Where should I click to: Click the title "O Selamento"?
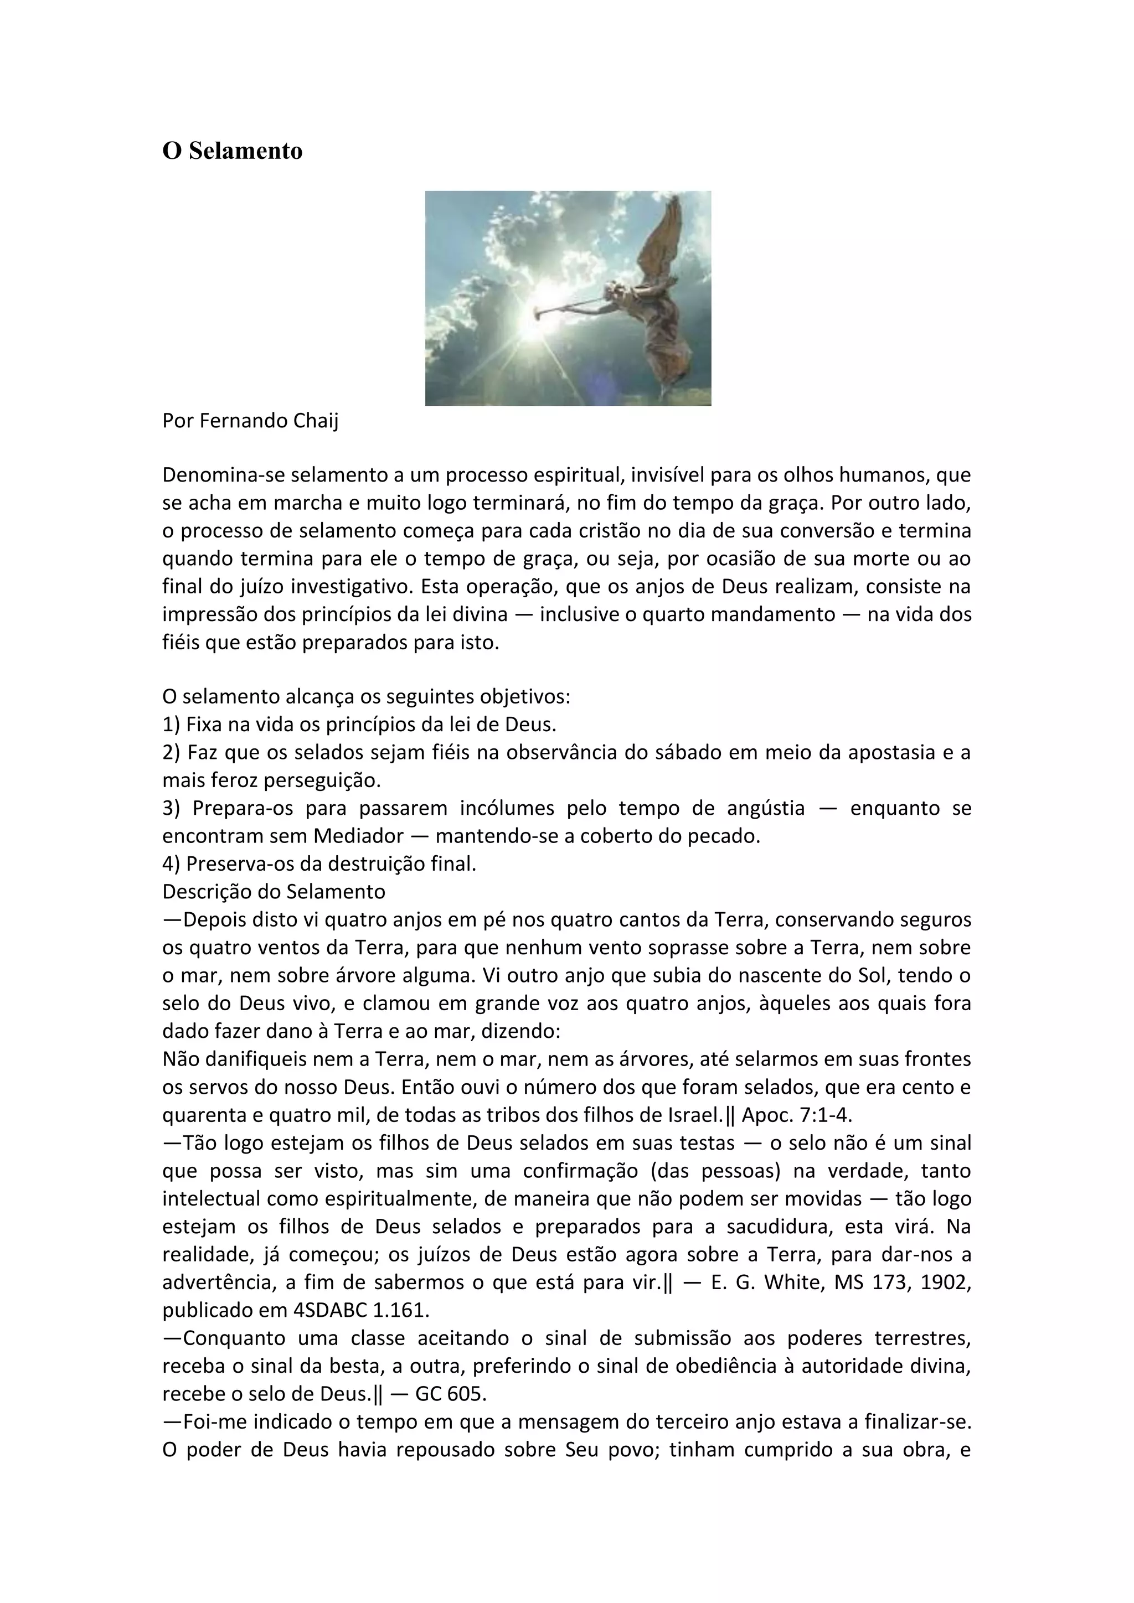click(232, 151)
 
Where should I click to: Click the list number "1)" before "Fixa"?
click(172, 724)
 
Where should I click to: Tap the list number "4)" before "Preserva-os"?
click(172, 863)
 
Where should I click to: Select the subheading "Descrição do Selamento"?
click(274, 892)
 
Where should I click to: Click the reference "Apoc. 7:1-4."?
click(797, 1115)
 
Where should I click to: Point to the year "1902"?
click(946, 1283)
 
